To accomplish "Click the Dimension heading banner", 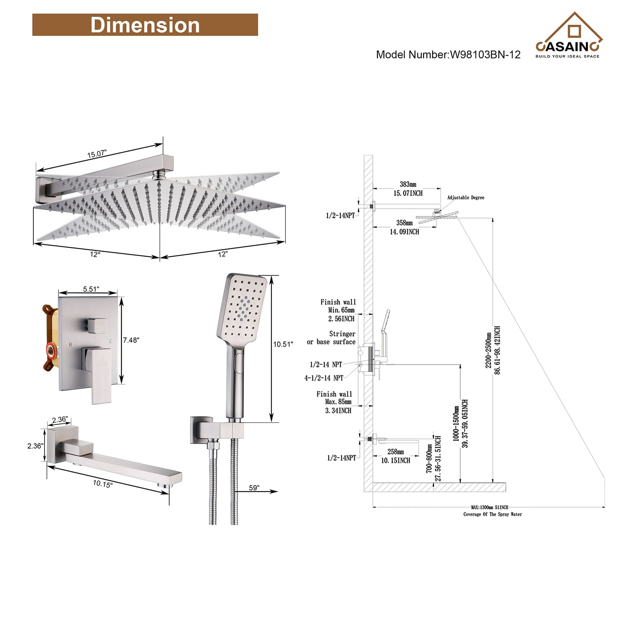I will (x=145, y=25).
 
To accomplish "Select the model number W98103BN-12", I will (x=448, y=55).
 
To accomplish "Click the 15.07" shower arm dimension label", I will (x=97, y=154).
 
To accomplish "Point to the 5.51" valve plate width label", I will (x=91, y=289).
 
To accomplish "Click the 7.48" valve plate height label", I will (x=131, y=340).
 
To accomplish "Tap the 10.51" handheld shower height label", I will (x=283, y=344).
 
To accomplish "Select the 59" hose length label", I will (x=254, y=488).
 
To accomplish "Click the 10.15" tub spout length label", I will (x=102, y=484).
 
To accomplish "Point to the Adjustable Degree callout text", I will (x=466, y=198).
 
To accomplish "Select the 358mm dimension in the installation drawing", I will (x=404, y=223).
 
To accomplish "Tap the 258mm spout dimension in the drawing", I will (x=396, y=452).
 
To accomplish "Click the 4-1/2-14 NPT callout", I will (x=324, y=378).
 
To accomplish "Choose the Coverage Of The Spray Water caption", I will (x=492, y=514).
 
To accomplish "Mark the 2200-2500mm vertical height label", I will (x=489, y=350).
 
